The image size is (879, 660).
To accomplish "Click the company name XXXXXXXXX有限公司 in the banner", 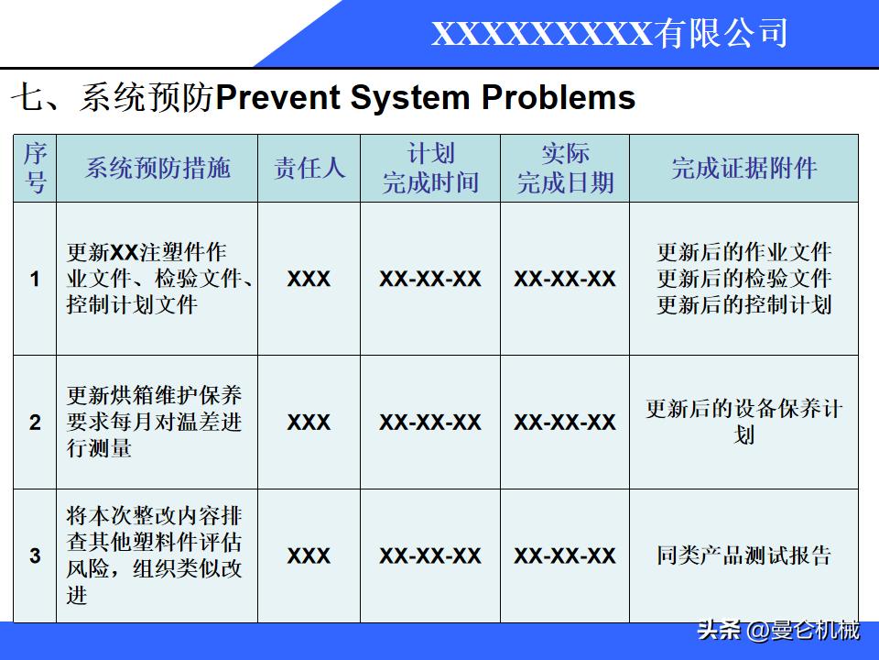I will tap(609, 34).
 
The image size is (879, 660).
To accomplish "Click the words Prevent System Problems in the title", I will tap(425, 97).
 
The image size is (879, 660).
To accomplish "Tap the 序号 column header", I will tap(35, 168).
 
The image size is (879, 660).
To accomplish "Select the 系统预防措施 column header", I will tap(157, 168).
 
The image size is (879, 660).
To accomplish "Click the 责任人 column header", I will tap(309, 168).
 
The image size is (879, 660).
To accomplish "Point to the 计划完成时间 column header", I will tap(430, 168).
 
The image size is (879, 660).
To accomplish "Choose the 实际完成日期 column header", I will tap(565, 168).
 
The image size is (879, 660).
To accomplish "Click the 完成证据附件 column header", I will tap(743, 168).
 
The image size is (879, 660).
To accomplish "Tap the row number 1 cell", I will tap(35, 279).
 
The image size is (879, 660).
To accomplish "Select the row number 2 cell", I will tap(35, 423).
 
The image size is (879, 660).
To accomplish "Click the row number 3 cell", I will tap(35, 555).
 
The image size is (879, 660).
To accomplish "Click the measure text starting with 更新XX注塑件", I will tap(157, 279).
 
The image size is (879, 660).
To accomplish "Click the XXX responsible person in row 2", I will tap(309, 423).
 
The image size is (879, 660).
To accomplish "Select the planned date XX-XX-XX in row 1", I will tap(430, 279).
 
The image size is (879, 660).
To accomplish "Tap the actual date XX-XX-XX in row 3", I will tap(565, 555).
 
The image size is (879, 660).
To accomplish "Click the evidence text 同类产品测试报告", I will tap(743, 555).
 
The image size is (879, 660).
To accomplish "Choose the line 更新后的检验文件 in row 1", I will tap(743, 279).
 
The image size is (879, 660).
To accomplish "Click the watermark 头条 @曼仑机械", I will tap(778, 631).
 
